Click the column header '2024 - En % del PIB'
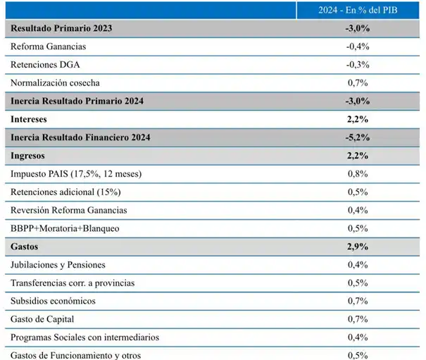[x=358, y=10]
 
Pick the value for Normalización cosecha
[x=358, y=82]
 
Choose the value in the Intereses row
[x=358, y=119]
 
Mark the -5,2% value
[x=358, y=137]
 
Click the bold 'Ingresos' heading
[x=30, y=155]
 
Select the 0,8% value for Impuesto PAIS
[x=358, y=173]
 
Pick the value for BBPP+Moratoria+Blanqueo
[x=358, y=228]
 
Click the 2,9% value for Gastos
[x=358, y=247]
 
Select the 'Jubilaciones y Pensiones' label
[x=58, y=264]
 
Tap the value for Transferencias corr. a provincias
[x=358, y=283]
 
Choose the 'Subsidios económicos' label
[x=54, y=301]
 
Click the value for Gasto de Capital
[x=358, y=319]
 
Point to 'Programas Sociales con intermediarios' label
[x=84, y=337]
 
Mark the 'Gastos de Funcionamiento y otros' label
[x=76, y=355]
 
